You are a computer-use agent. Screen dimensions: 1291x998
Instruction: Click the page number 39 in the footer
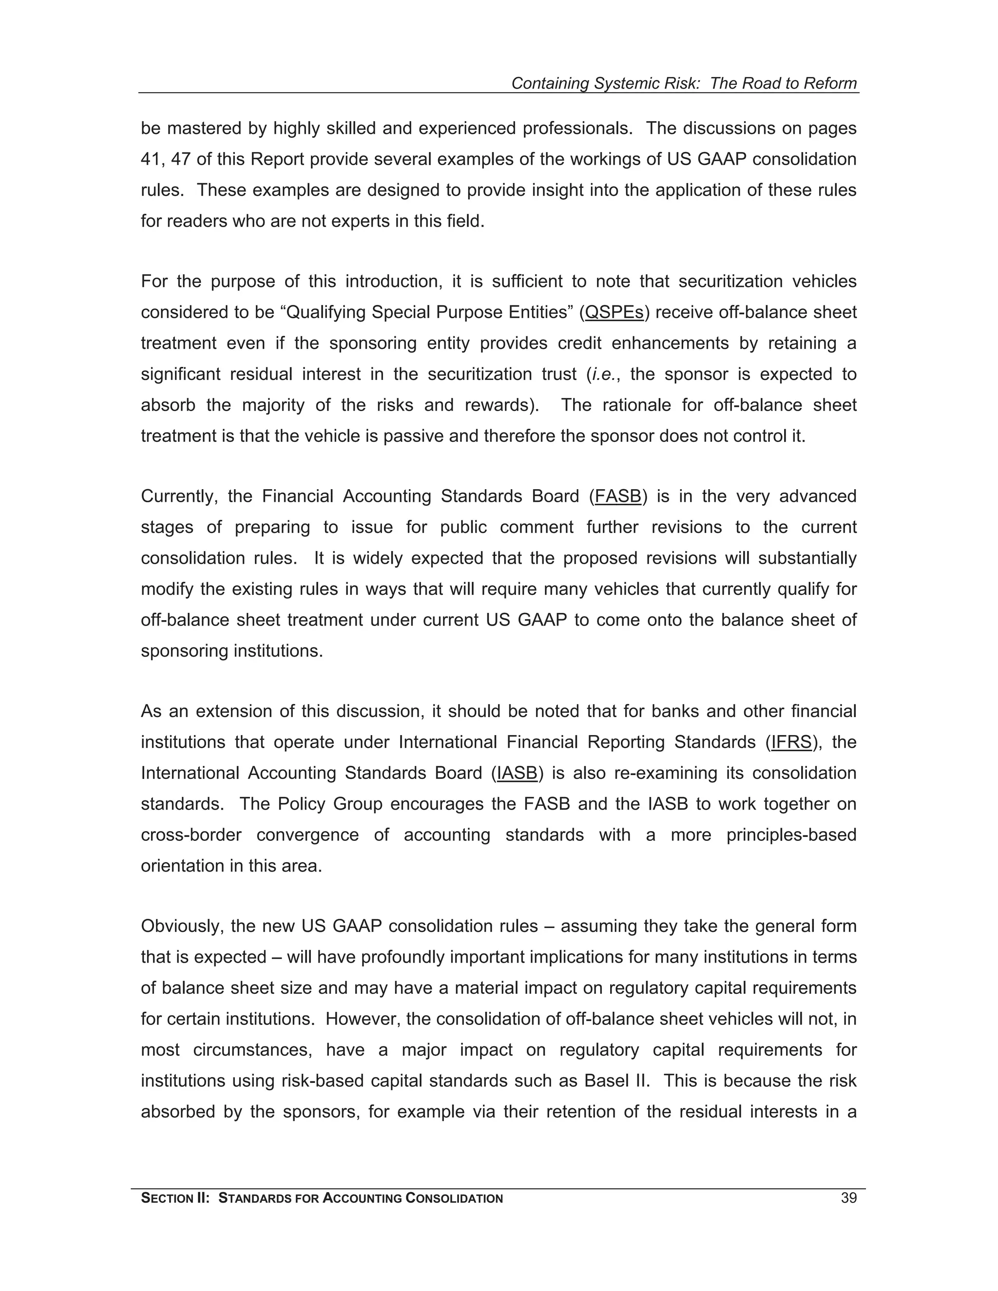848,1198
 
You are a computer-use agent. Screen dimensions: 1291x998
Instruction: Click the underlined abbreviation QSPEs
614,312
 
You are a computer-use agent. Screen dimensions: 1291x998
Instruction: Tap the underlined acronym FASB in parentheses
618,496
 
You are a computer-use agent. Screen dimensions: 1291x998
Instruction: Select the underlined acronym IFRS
792,742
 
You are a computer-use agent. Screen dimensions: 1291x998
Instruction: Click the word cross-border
191,835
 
